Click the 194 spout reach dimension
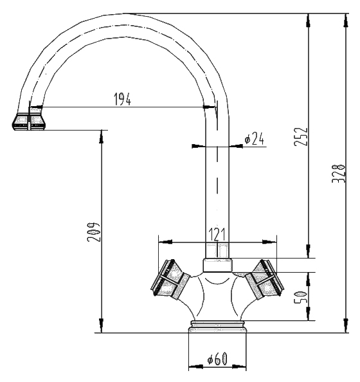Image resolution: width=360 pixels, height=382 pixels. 123,98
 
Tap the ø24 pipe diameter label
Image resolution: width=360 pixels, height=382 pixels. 255,139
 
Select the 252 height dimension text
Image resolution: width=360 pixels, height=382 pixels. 301,137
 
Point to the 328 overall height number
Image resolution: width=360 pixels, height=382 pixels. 338,174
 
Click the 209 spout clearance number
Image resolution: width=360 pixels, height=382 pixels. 93,232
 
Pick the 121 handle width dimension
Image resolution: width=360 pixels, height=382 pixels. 217,234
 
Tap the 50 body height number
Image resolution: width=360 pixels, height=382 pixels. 301,297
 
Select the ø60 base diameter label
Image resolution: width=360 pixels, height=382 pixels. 217,359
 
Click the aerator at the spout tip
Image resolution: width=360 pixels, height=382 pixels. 28,122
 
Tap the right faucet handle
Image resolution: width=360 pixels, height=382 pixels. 264,279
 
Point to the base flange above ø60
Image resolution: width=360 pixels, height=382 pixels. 217,327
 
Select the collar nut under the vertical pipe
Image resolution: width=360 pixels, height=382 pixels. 217,266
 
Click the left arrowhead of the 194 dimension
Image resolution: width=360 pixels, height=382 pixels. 36,107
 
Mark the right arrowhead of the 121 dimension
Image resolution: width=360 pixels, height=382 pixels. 269,242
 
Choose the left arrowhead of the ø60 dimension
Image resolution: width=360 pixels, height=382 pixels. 196,366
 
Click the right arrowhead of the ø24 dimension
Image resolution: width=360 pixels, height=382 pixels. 236,146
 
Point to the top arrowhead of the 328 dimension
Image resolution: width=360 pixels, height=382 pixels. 345,20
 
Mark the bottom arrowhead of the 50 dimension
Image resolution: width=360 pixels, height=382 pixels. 309,314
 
